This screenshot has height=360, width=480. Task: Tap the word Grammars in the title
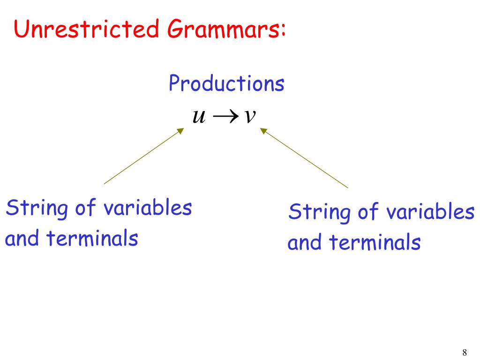pos(223,30)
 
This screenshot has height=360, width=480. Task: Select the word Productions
pos(226,84)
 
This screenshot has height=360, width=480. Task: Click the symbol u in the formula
pos(199,116)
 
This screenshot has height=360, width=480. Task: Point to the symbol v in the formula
pos(249,116)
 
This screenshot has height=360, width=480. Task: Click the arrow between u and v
pos(224,116)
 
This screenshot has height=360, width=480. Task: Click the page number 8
pos(465,352)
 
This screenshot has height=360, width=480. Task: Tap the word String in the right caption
pos(320,212)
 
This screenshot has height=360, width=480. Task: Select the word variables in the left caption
pos(149,208)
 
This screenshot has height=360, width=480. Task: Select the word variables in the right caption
pos(431,212)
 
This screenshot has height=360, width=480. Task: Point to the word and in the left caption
pos(22,239)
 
